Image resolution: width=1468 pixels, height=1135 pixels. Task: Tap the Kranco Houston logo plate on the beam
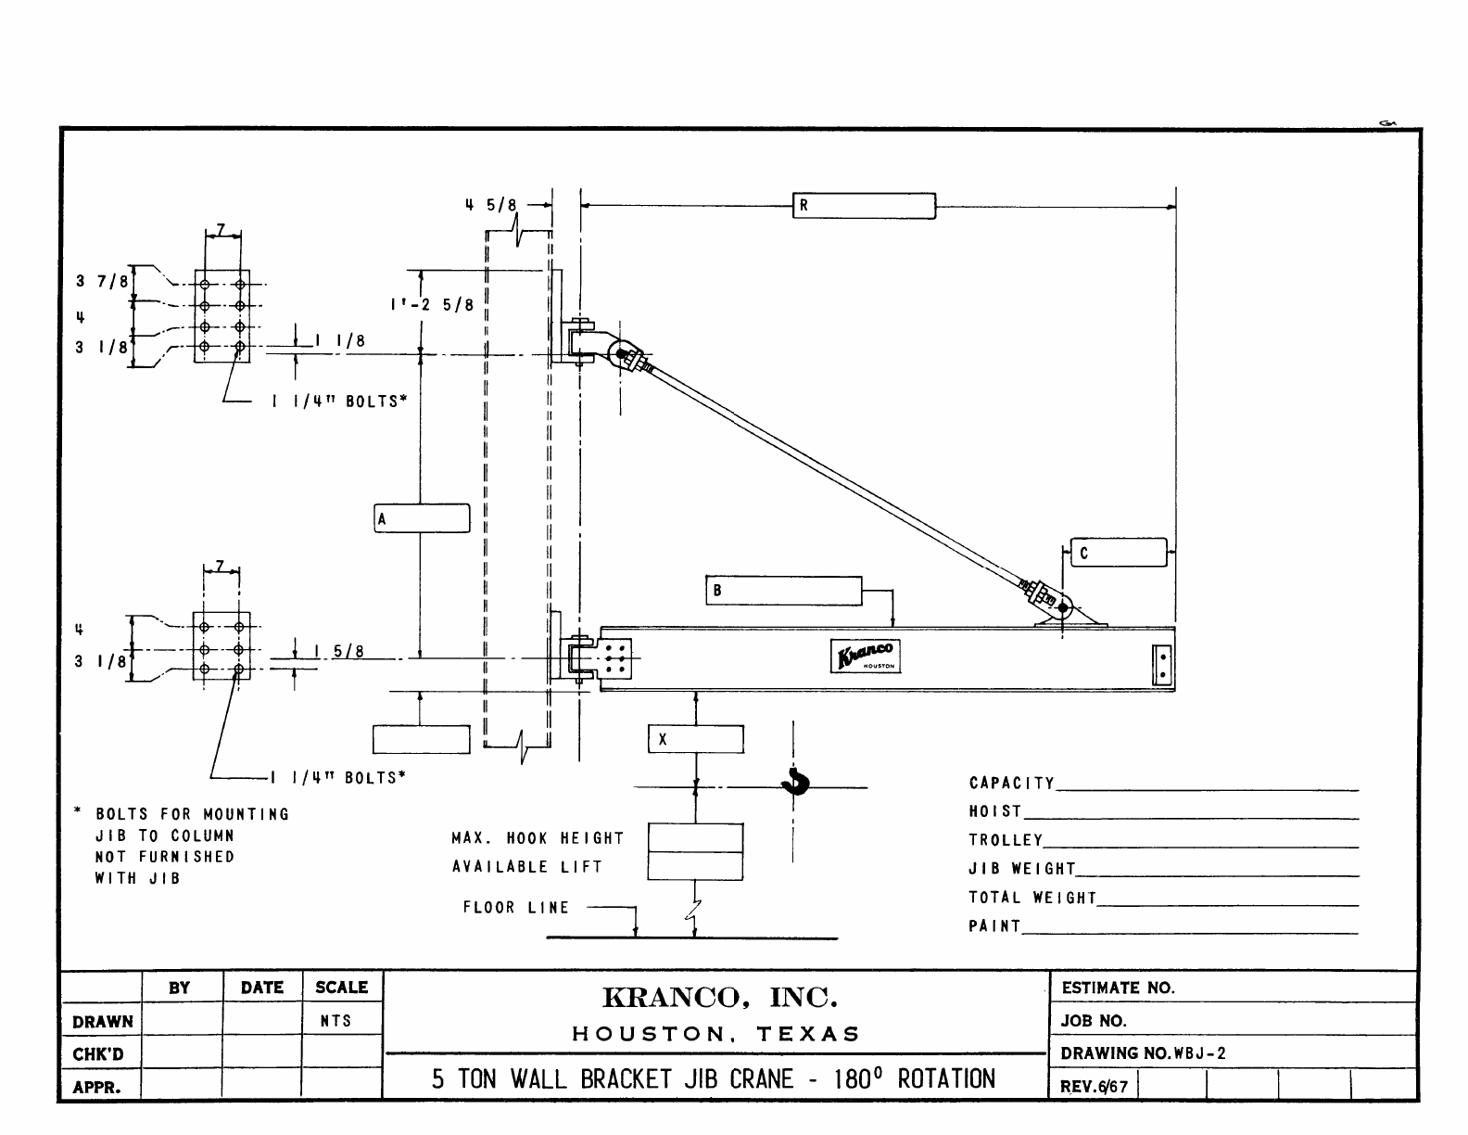(865, 657)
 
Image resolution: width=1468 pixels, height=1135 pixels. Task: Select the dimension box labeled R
(864, 206)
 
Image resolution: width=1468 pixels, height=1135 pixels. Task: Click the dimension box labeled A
(422, 518)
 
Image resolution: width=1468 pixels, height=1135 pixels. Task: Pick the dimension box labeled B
(784, 592)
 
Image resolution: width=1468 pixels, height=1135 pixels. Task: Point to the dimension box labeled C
(1118, 553)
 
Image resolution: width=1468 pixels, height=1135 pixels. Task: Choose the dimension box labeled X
(695, 739)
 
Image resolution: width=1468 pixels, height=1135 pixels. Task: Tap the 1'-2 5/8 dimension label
(431, 304)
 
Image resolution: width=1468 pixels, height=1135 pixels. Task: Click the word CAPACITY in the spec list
(1012, 784)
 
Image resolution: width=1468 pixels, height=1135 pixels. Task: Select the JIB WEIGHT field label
(1022, 869)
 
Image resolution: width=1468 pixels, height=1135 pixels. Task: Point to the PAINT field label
(994, 926)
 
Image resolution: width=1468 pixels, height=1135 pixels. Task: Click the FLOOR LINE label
(516, 908)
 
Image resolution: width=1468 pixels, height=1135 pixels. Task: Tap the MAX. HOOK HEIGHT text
(538, 838)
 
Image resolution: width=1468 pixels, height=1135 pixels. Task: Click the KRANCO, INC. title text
(720, 998)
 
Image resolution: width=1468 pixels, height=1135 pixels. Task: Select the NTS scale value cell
(335, 1021)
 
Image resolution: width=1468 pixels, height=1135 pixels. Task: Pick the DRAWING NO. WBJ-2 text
(1144, 1053)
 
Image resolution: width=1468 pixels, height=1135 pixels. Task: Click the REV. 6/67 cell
(1094, 1086)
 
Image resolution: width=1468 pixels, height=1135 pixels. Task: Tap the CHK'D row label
(98, 1054)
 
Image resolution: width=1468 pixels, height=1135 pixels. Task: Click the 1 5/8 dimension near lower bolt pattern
(338, 652)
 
